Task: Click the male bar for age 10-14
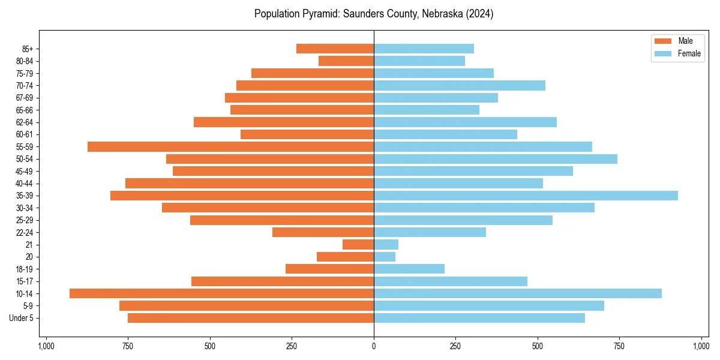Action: point(221,293)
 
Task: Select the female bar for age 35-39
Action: point(526,196)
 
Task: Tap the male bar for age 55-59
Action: point(230,146)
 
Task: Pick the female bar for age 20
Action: point(385,257)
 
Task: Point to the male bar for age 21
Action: point(358,245)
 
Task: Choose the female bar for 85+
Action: point(424,49)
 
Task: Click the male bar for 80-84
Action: point(346,61)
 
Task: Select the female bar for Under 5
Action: point(479,318)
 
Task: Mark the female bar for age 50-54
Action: point(496,159)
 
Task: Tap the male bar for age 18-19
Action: point(329,269)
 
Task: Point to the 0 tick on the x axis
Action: point(374,346)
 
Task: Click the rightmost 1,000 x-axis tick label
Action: point(701,346)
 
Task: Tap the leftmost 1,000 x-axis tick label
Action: point(46,346)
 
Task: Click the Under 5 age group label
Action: point(22,318)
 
